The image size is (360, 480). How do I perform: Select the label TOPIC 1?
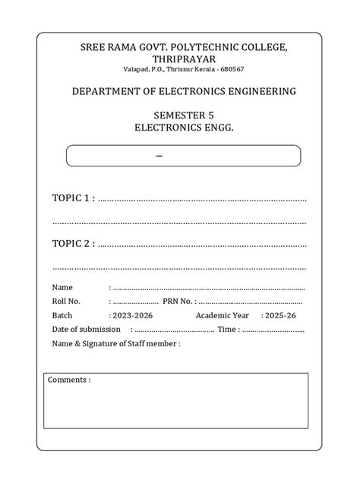72,198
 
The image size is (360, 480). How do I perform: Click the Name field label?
62,288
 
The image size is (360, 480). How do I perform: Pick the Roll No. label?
66,302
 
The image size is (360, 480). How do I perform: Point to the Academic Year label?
222,315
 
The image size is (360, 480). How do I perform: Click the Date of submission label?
86,329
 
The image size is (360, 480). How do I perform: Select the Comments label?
68,380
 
